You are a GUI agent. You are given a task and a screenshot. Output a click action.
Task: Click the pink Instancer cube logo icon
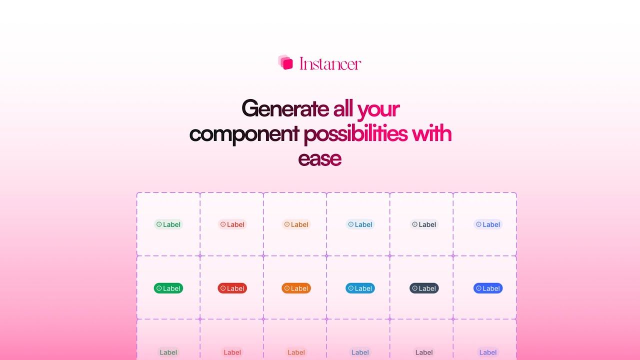click(x=285, y=62)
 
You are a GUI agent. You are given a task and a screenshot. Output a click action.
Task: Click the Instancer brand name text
click(x=330, y=64)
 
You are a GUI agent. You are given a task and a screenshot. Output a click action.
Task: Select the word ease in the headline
click(x=319, y=158)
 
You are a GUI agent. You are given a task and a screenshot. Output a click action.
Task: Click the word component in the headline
click(x=244, y=134)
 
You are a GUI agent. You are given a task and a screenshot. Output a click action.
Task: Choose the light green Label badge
click(x=168, y=224)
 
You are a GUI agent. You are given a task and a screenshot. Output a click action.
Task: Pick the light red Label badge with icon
click(x=232, y=224)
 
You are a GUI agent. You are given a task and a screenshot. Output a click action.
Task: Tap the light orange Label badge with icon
click(x=296, y=224)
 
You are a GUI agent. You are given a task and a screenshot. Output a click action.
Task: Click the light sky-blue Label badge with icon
click(x=360, y=224)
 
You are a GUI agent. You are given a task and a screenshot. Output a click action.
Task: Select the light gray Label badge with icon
click(x=424, y=224)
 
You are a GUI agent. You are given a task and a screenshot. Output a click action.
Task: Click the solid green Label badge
click(x=168, y=288)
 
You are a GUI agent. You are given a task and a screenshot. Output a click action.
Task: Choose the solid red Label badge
click(x=232, y=288)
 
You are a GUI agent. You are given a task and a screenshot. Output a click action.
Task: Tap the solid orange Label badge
click(x=296, y=288)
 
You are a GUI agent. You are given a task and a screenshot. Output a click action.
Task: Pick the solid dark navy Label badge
click(x=424, y=288)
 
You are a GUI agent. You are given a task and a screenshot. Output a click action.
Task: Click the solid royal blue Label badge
click(x=488, y=288)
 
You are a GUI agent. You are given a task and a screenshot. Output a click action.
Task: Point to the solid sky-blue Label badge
click(x=360, y=288)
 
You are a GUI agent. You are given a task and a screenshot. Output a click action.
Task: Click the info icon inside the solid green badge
click(x=159, y=288)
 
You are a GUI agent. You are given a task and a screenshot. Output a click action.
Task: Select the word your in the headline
click(x=378, y=108)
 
